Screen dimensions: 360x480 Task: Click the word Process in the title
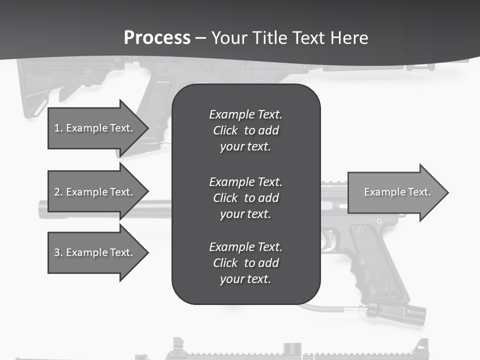coord(157,38)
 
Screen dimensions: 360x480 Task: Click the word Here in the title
coord(350,38)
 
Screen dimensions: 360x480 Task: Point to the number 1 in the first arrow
coord(57,128)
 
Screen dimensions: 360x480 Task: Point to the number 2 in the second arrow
coord(57,192)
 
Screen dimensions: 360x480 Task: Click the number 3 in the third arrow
coord(57,252)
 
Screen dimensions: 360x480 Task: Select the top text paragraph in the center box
coord(245,130)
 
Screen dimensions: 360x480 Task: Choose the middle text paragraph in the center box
coord(245,197)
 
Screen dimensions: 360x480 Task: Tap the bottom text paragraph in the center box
coord(245,263)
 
